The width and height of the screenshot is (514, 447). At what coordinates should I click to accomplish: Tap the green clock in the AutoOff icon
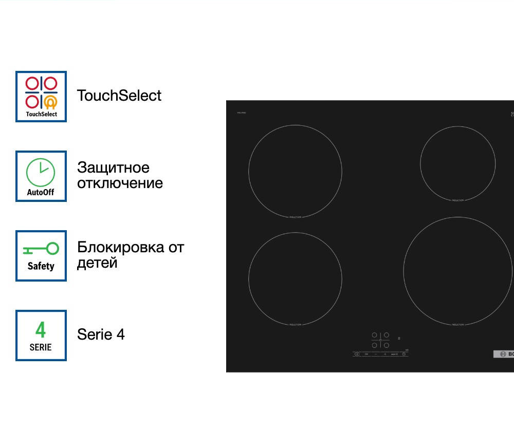[x=41, y=172]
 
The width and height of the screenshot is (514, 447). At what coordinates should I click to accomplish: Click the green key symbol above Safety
[x=41, y=250]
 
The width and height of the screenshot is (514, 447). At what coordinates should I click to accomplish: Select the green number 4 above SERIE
[x=41, y=329]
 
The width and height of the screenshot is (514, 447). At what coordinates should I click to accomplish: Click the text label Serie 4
[x=101, y=334]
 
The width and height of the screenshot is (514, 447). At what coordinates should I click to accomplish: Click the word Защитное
[x=113, y=167]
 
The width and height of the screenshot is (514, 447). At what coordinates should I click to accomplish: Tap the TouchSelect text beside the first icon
[x=119, y=96]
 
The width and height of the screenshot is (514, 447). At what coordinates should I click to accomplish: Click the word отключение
[x=120, y=183]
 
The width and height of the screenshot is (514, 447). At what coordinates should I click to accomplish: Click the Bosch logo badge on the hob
[x=504, y=354]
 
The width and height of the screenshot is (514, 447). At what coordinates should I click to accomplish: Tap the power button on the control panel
[x=357, y=354]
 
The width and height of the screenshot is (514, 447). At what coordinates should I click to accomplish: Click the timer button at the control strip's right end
[x=404, y=354]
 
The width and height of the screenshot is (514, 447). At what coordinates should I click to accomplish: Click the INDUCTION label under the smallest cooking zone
[x=457, y=200]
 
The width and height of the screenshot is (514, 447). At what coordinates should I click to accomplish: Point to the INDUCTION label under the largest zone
[x=457, y=325]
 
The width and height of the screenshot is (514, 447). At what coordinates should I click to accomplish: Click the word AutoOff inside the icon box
[x=41, y=193]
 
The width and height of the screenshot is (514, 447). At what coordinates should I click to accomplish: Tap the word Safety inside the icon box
[x=41, y=266]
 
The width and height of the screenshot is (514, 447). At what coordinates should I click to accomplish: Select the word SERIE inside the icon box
[x=41, y=347]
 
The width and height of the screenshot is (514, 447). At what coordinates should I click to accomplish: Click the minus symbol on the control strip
[x=376, y=354]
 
